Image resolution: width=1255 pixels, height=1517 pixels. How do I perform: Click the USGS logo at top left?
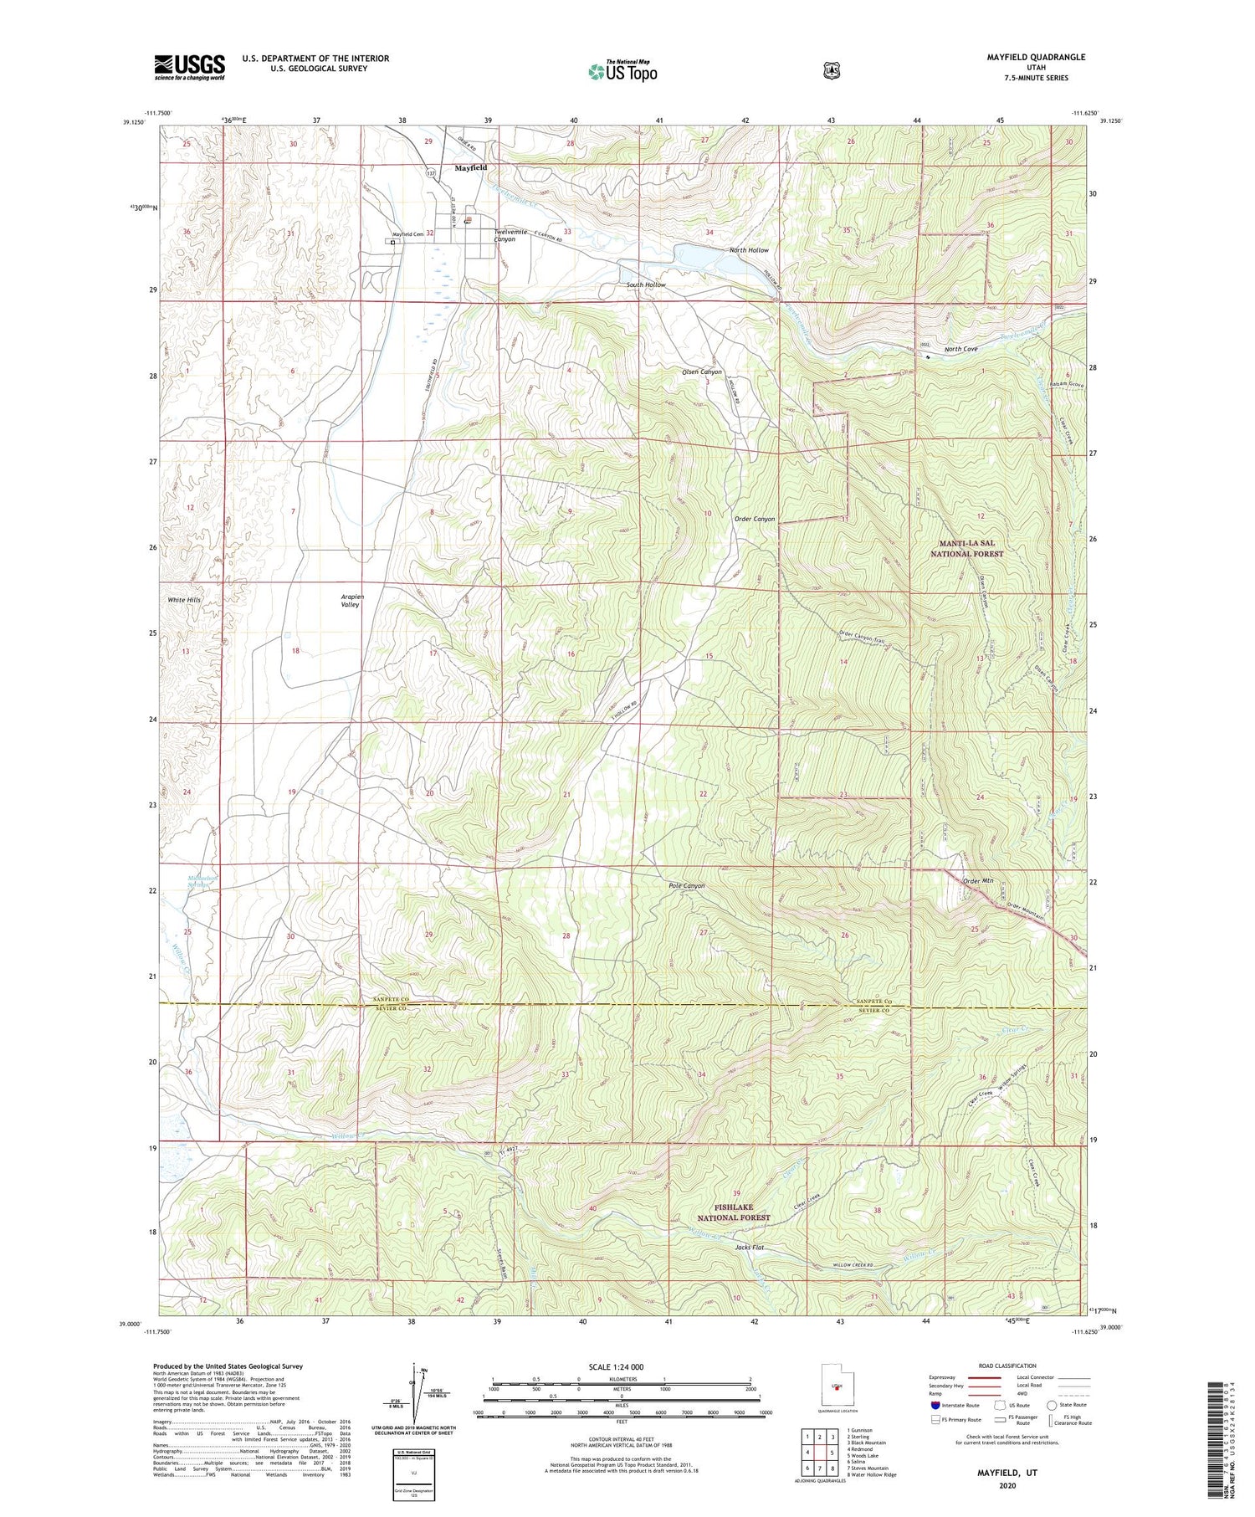tap(190, 67)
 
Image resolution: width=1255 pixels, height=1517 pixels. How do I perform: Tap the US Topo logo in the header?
tap(622, 71)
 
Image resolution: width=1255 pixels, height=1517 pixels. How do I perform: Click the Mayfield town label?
tap(471, 168)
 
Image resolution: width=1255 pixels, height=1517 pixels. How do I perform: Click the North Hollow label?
tap(748, 250)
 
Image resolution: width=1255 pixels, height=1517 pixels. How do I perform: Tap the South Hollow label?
tap(646, 285)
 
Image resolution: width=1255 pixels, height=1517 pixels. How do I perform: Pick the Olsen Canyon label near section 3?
tap(702, 372)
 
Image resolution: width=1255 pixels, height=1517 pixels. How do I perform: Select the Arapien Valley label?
tap(352, 600)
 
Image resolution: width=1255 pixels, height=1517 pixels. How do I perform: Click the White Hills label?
tap(183, 600)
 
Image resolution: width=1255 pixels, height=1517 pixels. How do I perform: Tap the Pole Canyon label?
tap(687, 885)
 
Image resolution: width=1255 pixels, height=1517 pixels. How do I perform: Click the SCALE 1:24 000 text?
tap(622, 1367)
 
